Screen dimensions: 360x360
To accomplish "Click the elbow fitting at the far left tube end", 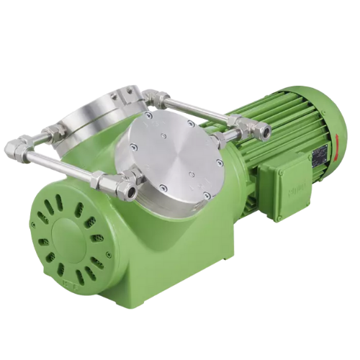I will click(16, 149).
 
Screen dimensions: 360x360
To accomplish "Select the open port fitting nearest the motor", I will click(264, 132).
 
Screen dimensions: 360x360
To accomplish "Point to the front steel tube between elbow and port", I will click(61, 166).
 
